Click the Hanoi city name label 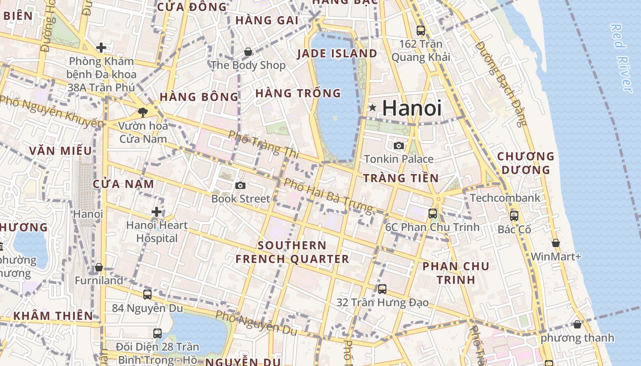point(412,108)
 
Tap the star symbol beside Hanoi point(373,108)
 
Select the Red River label point(621,58)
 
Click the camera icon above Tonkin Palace point(399,145)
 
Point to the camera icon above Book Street point(240,185)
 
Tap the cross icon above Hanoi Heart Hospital point(157,211)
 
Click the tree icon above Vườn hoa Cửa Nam point(142,112)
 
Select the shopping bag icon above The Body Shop point(248,52)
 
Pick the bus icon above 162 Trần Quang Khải point(420,31)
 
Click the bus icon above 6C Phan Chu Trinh point(432,213)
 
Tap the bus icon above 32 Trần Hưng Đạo point(382,289)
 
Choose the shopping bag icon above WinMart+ point(555,243)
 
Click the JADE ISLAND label point(337,54)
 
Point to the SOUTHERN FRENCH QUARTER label point(292,252)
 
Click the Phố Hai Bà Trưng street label point(328,195)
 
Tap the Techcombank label point(505,198)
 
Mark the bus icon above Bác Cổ point(514,215)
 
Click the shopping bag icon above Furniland point(98,267)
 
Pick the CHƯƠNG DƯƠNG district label point(526,163)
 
